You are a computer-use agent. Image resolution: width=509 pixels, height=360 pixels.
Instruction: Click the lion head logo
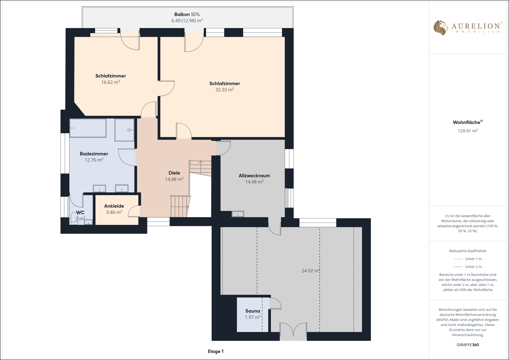[x=441, y=28]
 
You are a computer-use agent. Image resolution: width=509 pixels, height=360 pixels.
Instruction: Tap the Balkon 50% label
[x=187, y=14]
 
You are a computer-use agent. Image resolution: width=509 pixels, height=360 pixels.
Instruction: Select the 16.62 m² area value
[x=111, y=82]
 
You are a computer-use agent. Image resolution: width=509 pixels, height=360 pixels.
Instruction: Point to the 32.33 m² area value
[x=225, y=89]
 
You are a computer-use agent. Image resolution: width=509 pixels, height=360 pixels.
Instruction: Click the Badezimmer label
[x=94, y=153]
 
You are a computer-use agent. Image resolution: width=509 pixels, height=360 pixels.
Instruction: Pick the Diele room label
[x=174, y=173]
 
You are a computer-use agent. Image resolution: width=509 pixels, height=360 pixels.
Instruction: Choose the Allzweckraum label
[x=254, y=175]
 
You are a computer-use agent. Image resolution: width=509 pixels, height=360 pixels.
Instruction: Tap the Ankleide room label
[x=114, y=206]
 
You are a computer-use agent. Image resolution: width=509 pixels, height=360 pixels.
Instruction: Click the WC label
[x=80, y=212]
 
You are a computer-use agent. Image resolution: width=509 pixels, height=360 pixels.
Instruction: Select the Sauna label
[x=253, y=311]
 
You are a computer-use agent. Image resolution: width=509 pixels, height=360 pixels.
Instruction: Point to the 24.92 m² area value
[x=311, y=271]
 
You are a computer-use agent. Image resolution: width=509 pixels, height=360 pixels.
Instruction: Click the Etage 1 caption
[x=216, y=352]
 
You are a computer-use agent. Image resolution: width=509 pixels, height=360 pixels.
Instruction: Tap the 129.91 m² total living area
[x=468, y=131]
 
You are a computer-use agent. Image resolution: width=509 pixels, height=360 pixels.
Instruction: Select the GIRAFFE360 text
[x=468, y=344]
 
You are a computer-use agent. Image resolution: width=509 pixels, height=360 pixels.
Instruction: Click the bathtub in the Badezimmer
[x=88, y=128]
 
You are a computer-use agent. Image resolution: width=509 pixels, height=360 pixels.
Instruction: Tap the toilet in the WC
[x=74, y=218]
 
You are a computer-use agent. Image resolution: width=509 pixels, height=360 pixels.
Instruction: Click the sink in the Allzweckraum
[x=238, y=214]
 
